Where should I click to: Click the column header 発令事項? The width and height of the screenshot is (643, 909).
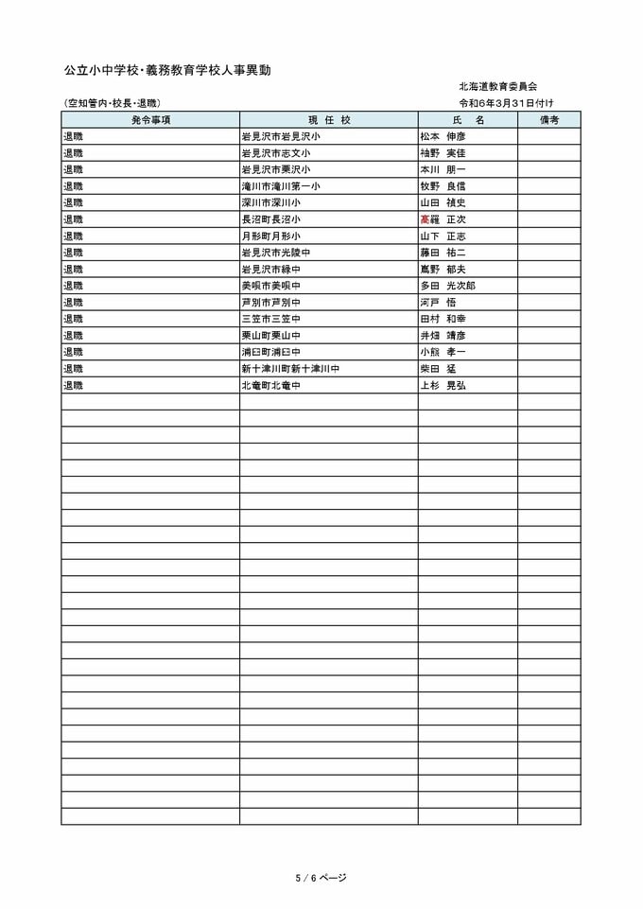150,120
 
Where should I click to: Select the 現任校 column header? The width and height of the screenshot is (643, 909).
328,120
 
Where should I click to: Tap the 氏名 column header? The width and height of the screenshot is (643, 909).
468,120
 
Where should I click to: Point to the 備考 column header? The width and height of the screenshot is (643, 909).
549,120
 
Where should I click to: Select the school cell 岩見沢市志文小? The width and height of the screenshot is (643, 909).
275,153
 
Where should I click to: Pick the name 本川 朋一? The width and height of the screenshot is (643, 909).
443,169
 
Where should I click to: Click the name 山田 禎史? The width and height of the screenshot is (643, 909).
443,202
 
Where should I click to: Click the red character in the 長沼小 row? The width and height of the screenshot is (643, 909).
425,219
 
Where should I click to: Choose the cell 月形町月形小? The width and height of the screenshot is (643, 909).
270,236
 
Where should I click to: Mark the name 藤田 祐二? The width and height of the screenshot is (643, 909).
443,253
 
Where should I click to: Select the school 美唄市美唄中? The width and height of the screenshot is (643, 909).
270,286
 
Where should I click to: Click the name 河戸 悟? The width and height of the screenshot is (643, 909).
438,303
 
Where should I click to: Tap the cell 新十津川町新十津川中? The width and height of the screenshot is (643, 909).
289,369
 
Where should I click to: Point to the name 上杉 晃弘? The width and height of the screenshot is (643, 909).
443,385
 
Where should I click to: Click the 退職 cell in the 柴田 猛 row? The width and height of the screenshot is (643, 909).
73,369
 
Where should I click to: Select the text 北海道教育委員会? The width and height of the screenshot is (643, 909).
498,86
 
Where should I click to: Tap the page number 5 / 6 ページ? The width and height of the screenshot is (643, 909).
321,878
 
